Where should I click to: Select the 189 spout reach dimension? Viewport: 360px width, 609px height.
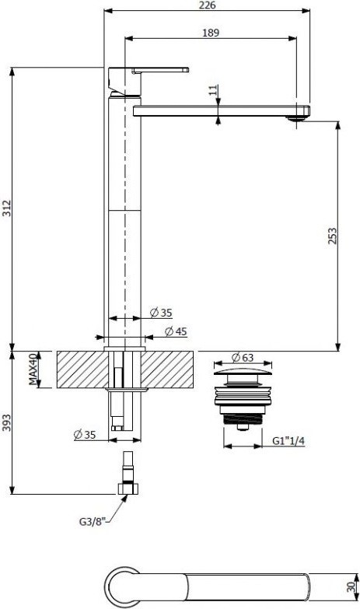pos(211,33)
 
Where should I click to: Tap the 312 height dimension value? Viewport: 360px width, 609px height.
pos(7,208)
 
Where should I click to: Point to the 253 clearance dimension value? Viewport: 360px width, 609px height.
pos(333,236)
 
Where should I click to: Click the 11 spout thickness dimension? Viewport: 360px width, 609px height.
pos(213,90)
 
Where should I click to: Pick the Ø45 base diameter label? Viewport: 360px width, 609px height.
pos(176,331)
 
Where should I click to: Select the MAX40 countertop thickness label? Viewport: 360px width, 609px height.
pos(34,369)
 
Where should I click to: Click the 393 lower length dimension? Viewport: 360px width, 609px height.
pos(7,422)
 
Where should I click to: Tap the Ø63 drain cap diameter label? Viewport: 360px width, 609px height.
pos(242,357)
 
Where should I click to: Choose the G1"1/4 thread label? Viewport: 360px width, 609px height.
pos(288,440)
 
